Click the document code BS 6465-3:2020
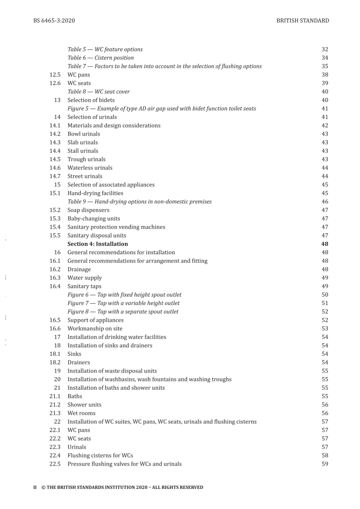point(54,20)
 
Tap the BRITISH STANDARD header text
point(302,20)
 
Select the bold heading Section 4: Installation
point(97,244)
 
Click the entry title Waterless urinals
point(90,168)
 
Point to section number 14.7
point(55,176)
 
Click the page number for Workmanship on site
point(325,328)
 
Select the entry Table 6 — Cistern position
point(100,58)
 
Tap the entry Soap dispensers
point(88,210)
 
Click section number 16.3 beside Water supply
point(55,278)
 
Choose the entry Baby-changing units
point(94,219)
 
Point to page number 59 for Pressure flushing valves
point(325,464)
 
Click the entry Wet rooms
point(81,413)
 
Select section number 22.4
point(55,456)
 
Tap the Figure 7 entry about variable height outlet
point(124,303)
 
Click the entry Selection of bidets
point(91,100)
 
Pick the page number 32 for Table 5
point(325,49)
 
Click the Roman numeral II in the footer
point(35,487)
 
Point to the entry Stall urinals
point(83,151)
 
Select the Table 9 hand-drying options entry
point(139,201)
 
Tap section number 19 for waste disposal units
point(57,371)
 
